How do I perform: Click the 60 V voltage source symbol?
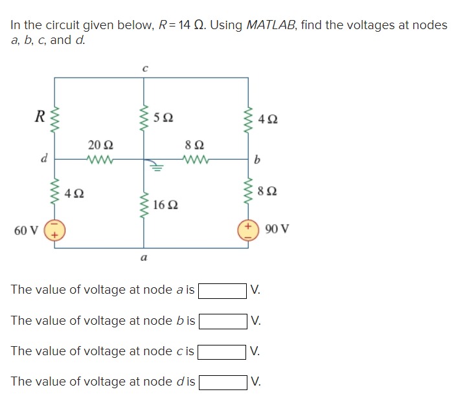[53, 230]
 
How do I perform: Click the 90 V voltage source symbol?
[247, 230]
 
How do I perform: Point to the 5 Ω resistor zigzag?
[144, 117]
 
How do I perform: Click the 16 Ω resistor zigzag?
[144, 206]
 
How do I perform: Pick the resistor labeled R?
[53, 118]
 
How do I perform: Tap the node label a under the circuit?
[144, 257]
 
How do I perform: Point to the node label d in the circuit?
[43, 157]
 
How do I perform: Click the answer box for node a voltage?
[222, 290]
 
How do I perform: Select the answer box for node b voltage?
[222, 320]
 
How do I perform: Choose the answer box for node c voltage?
[222, 351]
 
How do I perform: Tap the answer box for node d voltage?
[222, 382]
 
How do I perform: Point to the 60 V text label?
[25, 230]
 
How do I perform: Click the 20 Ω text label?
[100, 144]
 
